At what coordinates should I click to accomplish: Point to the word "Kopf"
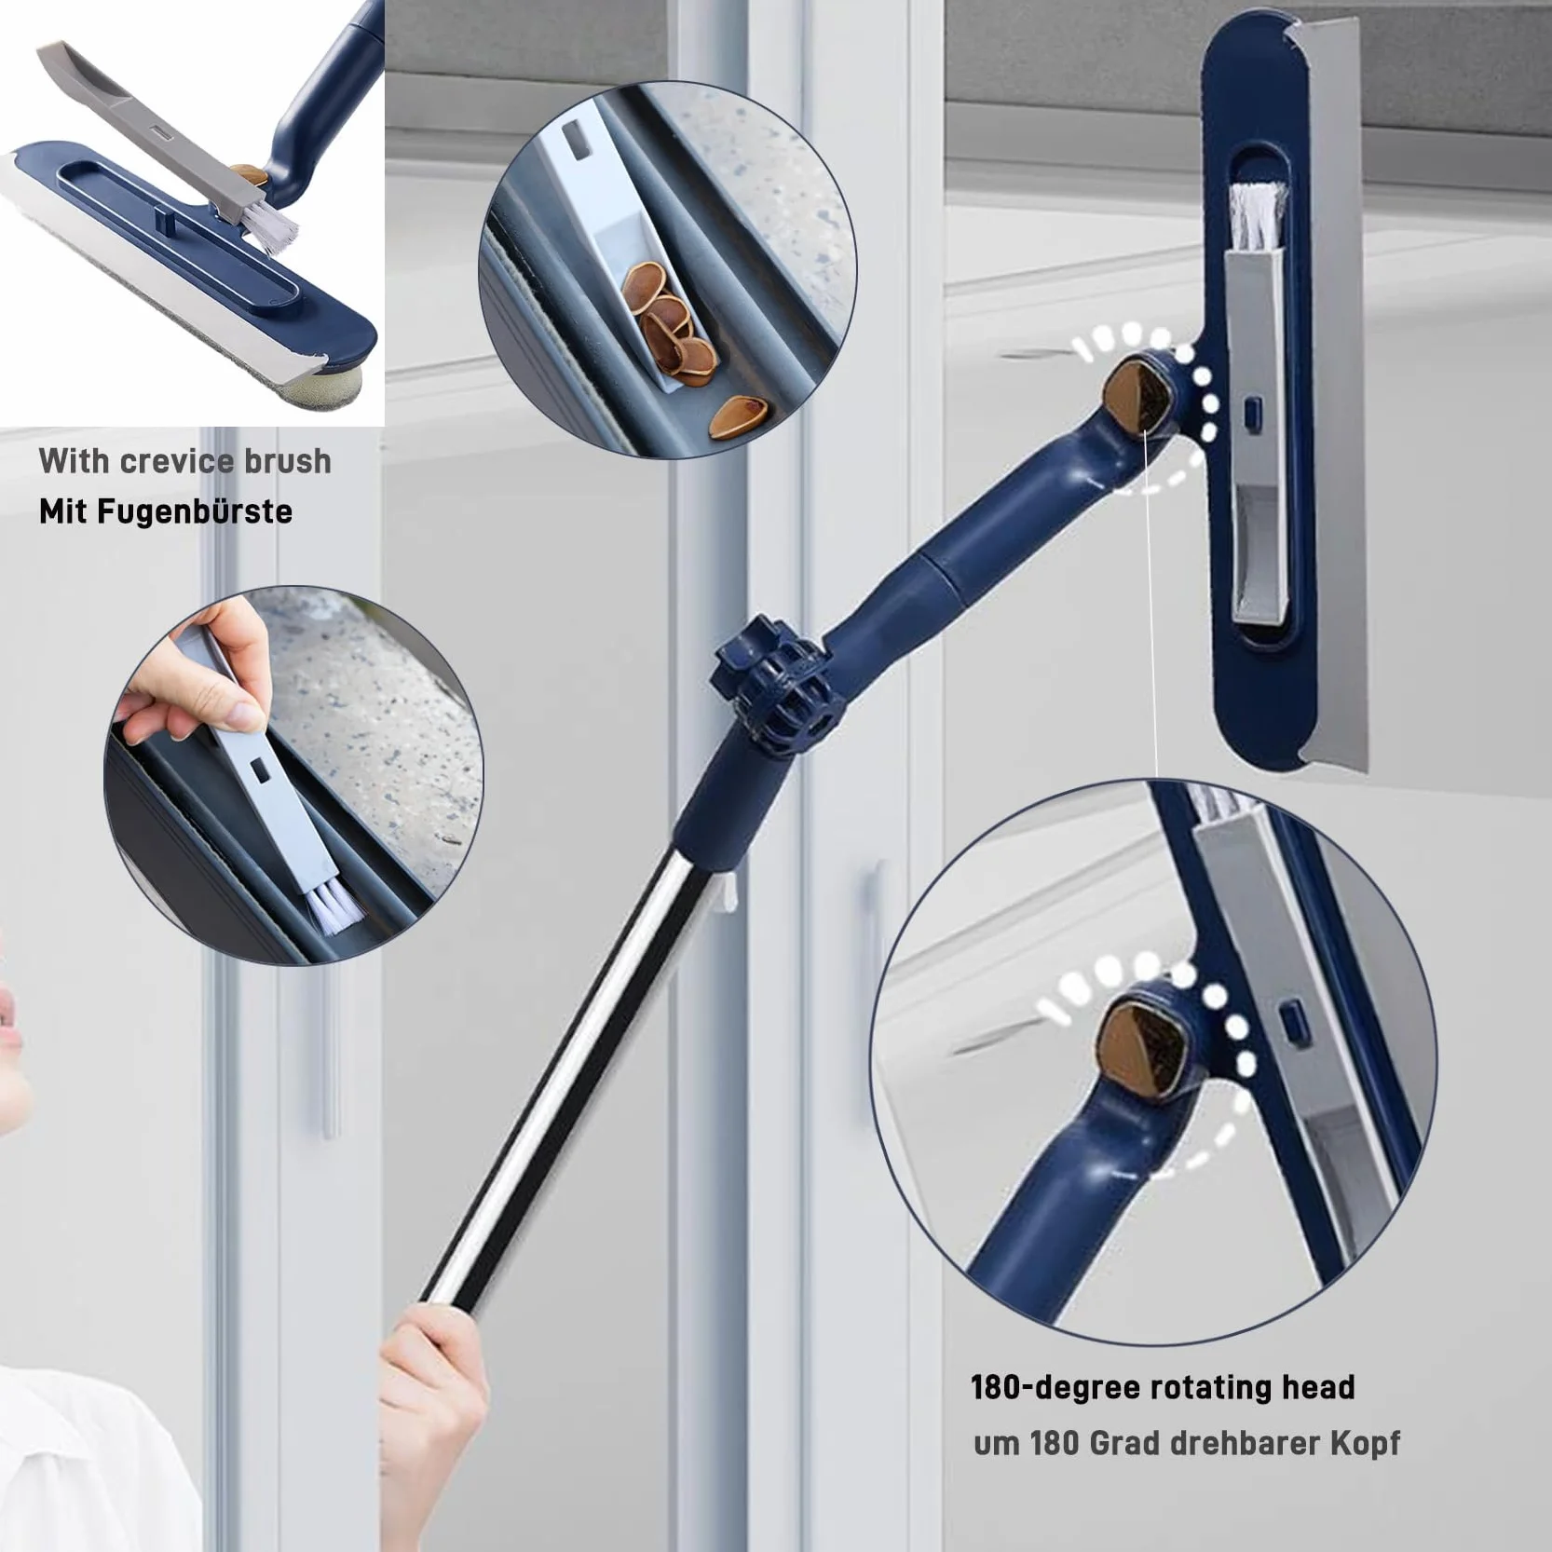tap(1365, 1443)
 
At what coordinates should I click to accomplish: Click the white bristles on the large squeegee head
tap(1258, 218)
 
